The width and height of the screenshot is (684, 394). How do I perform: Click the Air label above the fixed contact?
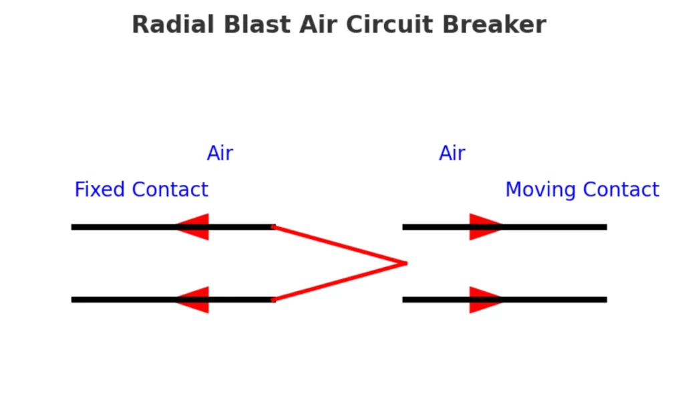coord(220,154)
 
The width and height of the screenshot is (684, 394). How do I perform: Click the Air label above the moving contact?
coord(452,154)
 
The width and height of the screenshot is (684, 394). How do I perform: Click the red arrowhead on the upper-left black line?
coord(194,227)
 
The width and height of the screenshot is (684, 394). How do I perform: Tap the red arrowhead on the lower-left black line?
coord(194,300)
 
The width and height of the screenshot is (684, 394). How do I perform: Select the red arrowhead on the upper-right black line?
coord(484,227)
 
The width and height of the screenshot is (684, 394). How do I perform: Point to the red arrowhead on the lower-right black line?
coord(484,300)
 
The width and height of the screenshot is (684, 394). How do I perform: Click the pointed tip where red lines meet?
coord(405,263)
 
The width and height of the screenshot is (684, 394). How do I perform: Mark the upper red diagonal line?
coord(339,245)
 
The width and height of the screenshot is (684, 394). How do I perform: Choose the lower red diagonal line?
coord(339,282)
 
